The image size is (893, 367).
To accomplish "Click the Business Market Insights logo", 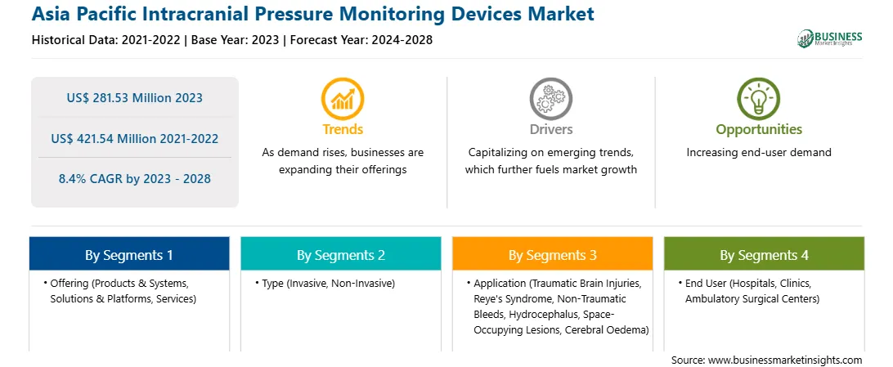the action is click(x=829, y=38).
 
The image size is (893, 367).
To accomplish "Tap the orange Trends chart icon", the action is click(x=343, y=99).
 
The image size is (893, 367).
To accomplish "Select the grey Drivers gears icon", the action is click(x=550, y=99).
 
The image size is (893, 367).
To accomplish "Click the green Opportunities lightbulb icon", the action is click(x=759, y=99).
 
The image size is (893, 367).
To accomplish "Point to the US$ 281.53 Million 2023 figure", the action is click(x=134, y=98).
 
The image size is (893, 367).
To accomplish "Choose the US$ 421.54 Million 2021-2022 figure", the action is click(x=134, y=138).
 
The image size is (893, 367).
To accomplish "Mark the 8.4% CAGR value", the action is click(x=134, y=179).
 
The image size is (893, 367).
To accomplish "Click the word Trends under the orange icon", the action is click(x=343, y=129).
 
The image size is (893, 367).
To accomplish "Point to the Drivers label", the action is click(x=550, y=129).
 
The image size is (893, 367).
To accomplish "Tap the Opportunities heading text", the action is click(x=759, y=130).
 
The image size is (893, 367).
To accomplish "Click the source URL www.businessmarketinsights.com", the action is click(x=785, y=360).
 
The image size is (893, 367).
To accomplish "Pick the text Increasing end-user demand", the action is click(x=759, y=153).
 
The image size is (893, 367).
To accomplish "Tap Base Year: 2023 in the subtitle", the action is click(x=235, y=40).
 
